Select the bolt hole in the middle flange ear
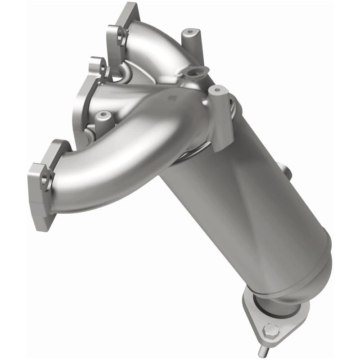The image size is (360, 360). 103,70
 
